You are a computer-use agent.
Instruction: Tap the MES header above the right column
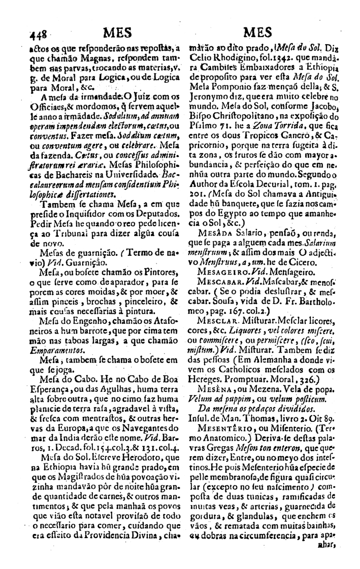[260, 35]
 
